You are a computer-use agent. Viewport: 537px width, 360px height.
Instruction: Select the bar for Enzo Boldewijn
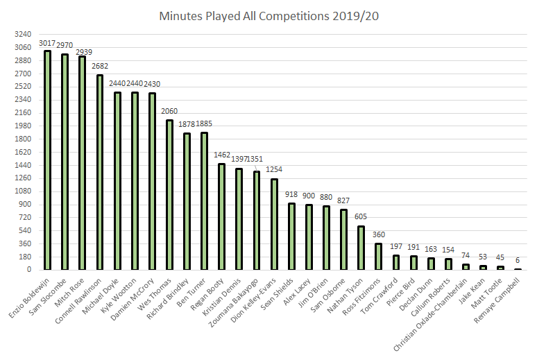[x=47, y=160]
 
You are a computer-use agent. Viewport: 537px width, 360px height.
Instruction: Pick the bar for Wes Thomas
[x=169, y=194]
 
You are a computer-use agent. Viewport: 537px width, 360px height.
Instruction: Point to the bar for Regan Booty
[x=222, y=216]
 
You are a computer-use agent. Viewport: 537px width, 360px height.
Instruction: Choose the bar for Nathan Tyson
[x=361, y=248]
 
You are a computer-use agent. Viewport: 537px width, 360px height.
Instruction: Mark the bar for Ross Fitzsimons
[x=378, y=256]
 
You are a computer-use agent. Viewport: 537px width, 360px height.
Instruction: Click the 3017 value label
[x=47, y=44]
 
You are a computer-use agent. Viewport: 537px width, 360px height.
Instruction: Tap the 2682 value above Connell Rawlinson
[x=99, y=68]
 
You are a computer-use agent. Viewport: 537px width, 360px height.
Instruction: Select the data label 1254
[x=273, y=169]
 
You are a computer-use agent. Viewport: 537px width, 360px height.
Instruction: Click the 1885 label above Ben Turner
[x=204, y=124]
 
